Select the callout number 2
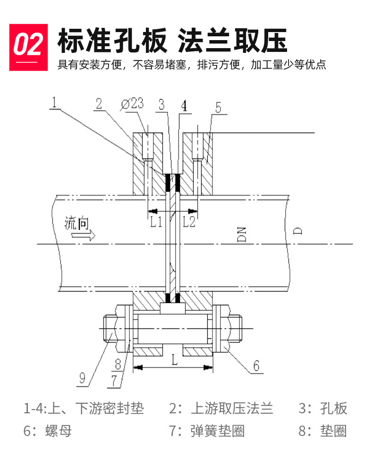pos(99,104)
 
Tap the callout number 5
pos(219,107)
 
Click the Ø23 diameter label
pos(132,104)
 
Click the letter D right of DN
pos(297,231)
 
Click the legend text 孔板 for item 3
pos(333,408)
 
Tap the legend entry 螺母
pos(59,430)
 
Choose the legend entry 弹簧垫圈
pos(218,430)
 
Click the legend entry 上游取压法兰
pos(232,408)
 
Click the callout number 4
pos(184,105)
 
